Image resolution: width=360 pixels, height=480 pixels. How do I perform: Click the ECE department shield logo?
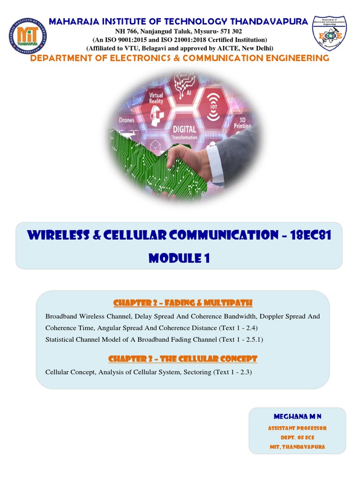(x=329, y=36)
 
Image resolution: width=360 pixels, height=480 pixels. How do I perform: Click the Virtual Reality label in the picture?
(x=156, y=98)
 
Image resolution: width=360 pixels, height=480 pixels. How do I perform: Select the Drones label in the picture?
(x=127, y=120)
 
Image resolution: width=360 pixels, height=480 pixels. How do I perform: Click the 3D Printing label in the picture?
(x=242, y=123)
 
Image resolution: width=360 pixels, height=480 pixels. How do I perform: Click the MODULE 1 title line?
(x=179, y=257)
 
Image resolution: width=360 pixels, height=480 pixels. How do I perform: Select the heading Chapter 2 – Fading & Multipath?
(x=183, y=302)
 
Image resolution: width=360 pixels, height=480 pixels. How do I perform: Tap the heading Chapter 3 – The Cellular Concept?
(x=183, y=359)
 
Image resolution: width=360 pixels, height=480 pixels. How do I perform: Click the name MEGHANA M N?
(x=297, y=416)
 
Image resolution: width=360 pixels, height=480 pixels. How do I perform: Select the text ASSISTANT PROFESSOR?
(x=297, y=428)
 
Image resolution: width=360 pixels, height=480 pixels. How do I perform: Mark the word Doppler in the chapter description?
(x=269, y=316)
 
